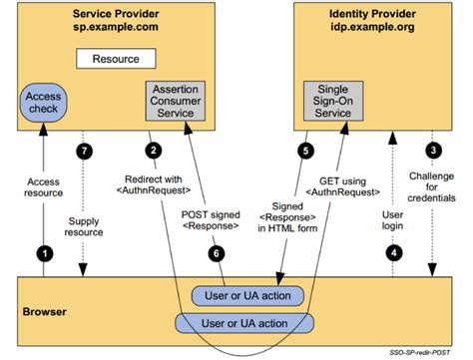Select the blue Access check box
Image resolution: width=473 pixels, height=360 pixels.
coord(43,103)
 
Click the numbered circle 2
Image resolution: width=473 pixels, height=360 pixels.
coord(152,151)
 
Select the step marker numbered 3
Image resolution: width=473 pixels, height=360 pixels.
coord(432,151)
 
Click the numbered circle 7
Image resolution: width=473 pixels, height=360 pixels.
coord(86,151)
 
